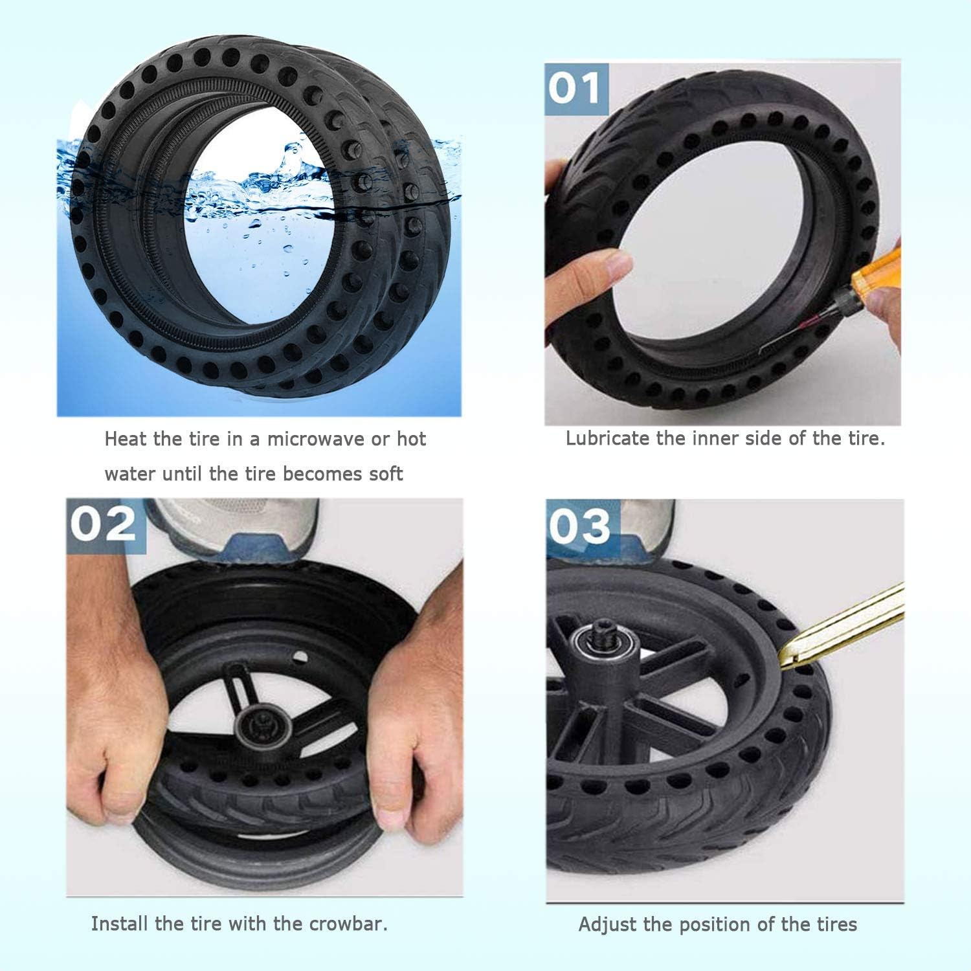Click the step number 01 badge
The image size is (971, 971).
[576, 89]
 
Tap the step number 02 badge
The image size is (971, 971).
[106, 524]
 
